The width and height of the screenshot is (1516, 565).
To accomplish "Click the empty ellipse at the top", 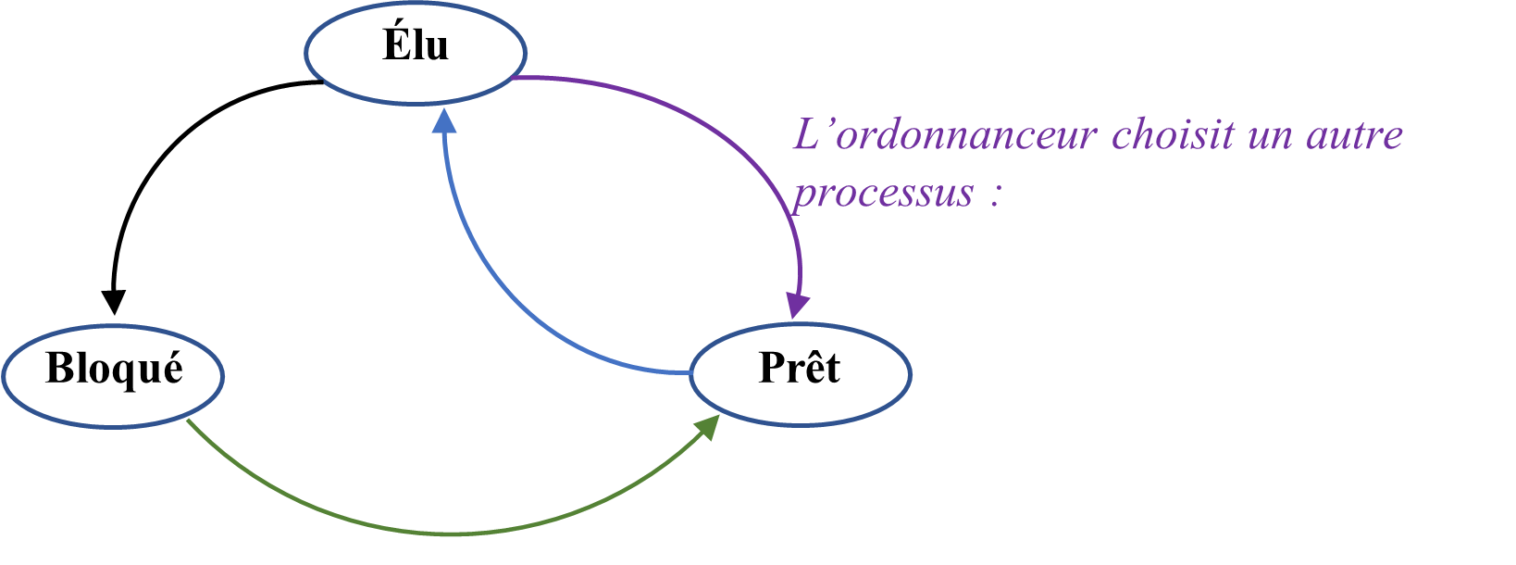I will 416,52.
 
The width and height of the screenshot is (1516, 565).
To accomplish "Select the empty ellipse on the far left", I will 113,375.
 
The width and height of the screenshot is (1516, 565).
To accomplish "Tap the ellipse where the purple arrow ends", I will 801,374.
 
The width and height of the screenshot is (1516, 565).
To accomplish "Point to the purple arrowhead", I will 798,306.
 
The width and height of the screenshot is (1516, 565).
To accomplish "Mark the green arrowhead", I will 709,427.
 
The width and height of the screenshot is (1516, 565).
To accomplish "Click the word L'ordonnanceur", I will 945,136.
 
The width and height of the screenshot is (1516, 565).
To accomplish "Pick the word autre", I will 1354,136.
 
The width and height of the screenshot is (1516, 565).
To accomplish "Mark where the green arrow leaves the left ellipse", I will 188,421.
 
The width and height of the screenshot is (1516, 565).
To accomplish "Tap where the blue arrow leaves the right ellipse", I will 690,373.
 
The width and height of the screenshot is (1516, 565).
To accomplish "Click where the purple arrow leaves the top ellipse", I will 514,79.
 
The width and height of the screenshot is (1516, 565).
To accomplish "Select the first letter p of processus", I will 803,195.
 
